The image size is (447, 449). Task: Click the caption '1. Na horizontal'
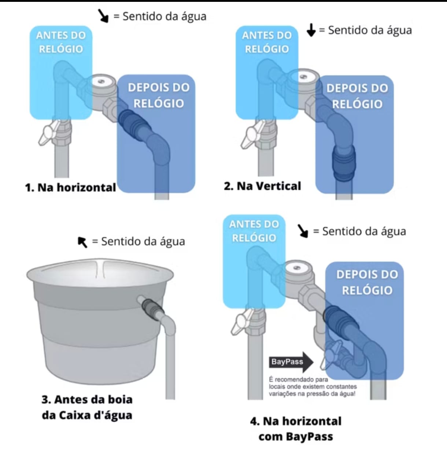tap(70, 187)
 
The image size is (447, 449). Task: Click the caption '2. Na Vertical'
tap(262, 186)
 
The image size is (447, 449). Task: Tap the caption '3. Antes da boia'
tap(87, 399)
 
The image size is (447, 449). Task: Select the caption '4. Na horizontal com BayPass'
tap(296, 428)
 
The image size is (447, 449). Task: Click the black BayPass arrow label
tap(291, 362)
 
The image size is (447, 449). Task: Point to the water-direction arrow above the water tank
tap(82, 242)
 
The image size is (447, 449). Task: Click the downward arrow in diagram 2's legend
tap(311, 30)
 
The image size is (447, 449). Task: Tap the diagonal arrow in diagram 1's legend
tap(103, 16)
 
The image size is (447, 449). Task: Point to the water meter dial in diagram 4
tap(297, 268)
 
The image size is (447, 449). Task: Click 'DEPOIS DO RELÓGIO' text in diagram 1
tap(158, 95)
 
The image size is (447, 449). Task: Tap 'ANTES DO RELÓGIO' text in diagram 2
tap(267, 42)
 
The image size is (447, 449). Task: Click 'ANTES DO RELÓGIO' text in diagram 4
tap(254, 231)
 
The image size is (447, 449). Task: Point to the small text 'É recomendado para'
tap(298, 379)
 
